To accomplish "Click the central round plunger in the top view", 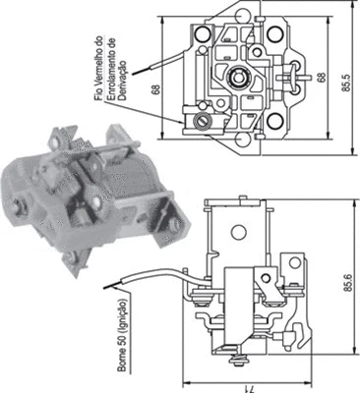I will (237, 77).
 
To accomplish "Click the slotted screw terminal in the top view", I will (203, 121).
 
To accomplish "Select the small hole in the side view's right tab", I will (291, 262).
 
